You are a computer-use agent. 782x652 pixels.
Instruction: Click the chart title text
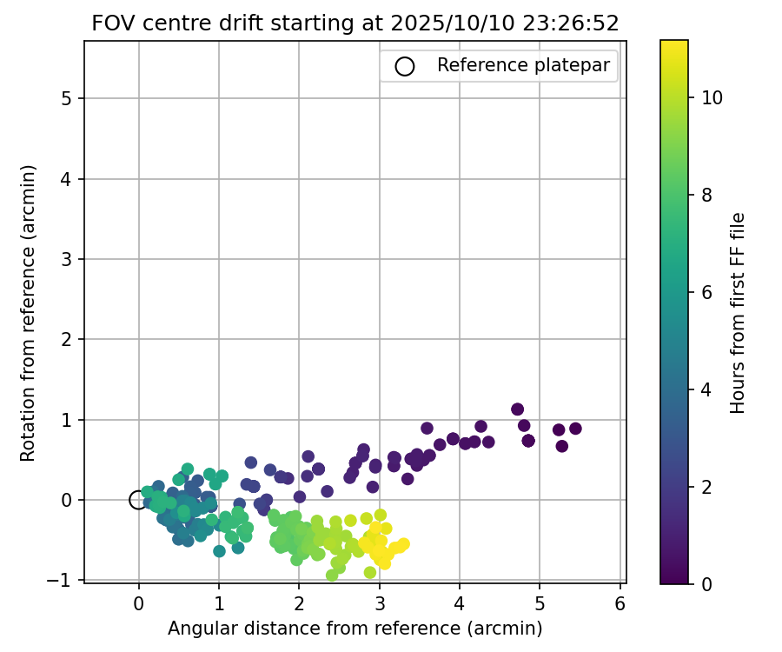[355, 23]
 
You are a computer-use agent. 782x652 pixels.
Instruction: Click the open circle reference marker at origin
[138, 500]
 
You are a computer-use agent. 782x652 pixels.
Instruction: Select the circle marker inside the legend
[405, 66]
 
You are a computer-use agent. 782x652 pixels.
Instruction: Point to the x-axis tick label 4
[459, 602]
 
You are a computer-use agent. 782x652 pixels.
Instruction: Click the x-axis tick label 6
[620, 602]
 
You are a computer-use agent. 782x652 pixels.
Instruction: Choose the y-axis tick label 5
[66, 98]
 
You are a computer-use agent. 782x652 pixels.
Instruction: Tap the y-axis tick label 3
[66, 259]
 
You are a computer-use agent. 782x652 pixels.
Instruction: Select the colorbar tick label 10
[712, 97]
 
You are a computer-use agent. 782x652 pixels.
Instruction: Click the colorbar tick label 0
[706, 583]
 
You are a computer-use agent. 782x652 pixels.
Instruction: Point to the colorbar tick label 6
[706, 292]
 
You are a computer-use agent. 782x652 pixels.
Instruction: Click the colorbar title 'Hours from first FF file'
[738, 312]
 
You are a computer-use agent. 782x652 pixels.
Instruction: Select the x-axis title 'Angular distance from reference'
[355, 628]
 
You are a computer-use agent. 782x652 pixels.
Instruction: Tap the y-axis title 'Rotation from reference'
[28, 312]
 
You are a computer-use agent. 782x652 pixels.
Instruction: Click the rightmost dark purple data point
[575, 429]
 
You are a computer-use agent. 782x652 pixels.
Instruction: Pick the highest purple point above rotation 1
[518, 409]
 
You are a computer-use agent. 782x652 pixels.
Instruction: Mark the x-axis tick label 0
[138, 602]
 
